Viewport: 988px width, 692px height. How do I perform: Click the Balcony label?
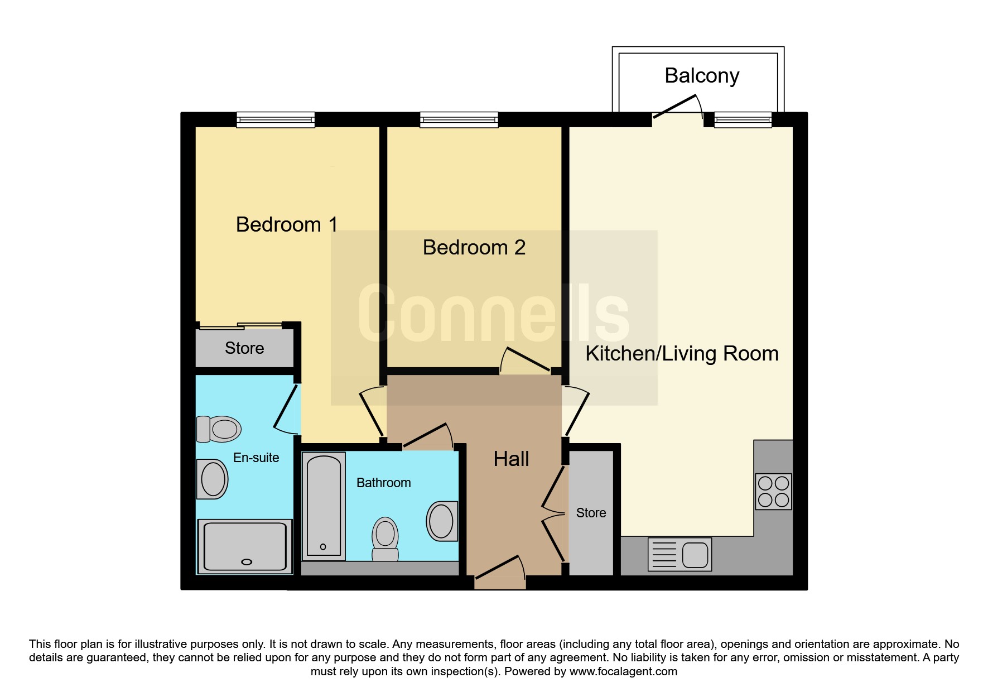click(702, 76)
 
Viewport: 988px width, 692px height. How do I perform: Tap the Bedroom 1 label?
click(287, 224)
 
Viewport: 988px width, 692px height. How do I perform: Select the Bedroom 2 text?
click(474, 247)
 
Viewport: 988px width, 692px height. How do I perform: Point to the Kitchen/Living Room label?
click(682, 354)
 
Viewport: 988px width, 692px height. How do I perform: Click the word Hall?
click(511, 459)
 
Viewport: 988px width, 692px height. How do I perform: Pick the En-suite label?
click(256, 458)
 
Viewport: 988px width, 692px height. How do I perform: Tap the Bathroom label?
click(384, 483)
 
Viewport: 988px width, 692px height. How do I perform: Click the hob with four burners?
click(773, 492)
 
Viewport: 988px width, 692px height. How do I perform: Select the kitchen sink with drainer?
click(679, 554)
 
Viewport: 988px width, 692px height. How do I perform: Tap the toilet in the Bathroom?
click(385, 539)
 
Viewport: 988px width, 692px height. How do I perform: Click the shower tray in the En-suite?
click(245, 547)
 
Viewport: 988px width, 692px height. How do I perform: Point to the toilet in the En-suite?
click(219, 429)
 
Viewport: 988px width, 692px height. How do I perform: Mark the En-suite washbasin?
click(213, 479)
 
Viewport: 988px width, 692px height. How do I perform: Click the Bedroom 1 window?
click(276, 119)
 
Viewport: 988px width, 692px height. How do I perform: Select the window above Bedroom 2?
click(459, 119)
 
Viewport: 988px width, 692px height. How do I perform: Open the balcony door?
click(677, 107)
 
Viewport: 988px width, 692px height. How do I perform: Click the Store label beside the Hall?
click(591, 513)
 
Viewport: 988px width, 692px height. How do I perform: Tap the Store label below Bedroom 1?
click(244, 348)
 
